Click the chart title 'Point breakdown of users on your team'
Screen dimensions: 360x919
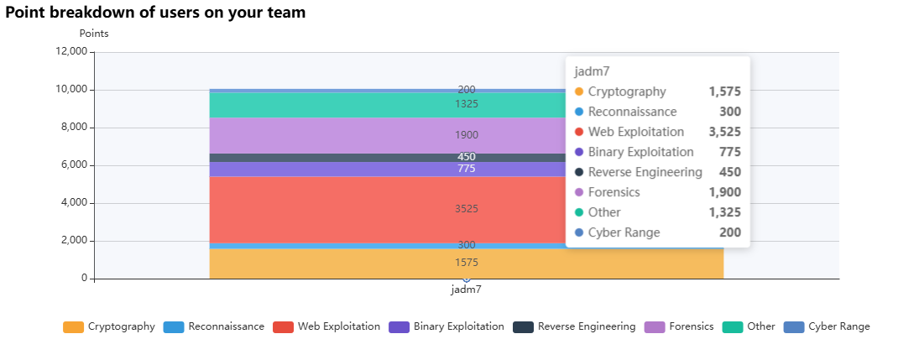click(x=155, y=13)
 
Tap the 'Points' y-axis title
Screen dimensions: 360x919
click(x=94, y=34)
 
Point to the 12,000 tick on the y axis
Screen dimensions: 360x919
click(x=70, y=51)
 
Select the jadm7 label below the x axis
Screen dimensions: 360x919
click(x=466, y=290)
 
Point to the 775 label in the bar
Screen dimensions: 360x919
click(x=466, y=169)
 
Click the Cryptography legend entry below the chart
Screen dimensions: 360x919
click(x=109, y=326)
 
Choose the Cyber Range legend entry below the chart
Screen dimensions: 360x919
click(x=827, y=326)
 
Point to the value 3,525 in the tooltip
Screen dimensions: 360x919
click(x=724, y=132)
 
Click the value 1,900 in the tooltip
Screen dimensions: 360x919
click(x=724, y=192)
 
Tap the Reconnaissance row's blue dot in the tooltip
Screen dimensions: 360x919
click(x=578, y=112)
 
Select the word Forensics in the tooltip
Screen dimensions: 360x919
click(x=614, y=192)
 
